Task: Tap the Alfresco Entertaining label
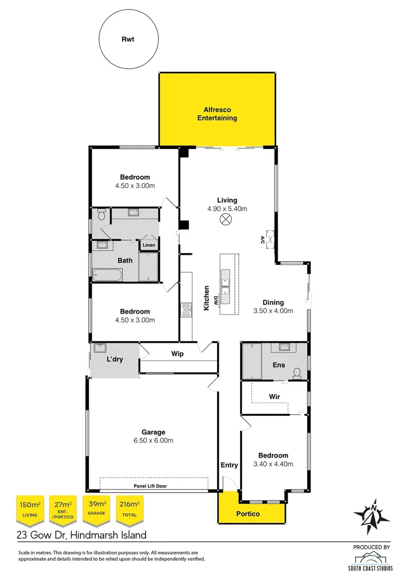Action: [x=217, y=114]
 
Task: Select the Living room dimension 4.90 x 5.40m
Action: [x=227, y=209]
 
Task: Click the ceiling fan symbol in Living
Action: [x=226, y=220]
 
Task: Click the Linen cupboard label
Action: [x=148, y=245]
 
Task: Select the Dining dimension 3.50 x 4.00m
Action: [x=273, y=311]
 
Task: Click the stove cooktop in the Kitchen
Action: [x=186, y=310]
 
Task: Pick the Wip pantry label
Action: [x=177, y=354]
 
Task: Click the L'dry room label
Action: [x=114, y=359]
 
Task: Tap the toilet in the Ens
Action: [x=298, y=373]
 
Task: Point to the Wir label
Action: [x=274, y=396]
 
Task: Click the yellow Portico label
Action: [x=252, y=514]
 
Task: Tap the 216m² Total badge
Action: [x=129, y=508]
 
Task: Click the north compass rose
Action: [x=372, y=514]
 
